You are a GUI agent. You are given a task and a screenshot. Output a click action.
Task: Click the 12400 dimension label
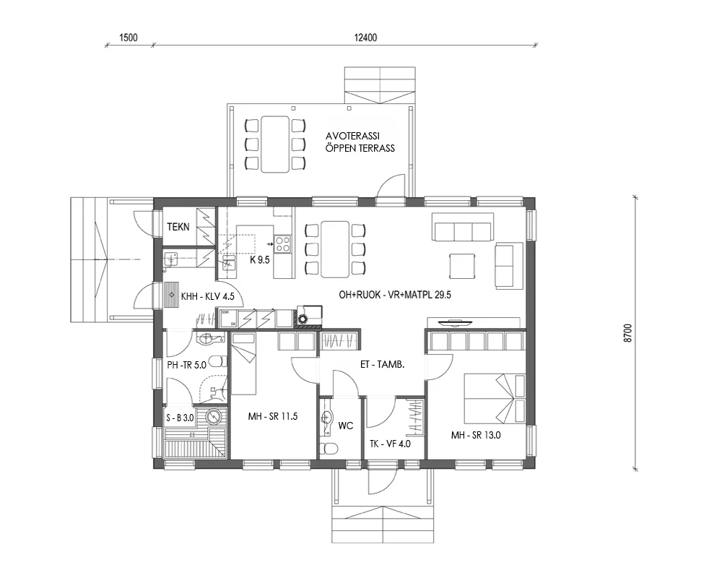[367, 38]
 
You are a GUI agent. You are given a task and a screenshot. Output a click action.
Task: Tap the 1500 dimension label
[129, 38]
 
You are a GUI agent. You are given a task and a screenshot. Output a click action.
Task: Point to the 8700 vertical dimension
[627, 333]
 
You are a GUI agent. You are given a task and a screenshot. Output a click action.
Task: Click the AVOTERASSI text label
[353, 136]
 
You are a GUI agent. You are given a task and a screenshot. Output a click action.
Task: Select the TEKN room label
[178, 227]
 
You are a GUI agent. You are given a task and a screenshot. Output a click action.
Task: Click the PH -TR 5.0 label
[187, 365]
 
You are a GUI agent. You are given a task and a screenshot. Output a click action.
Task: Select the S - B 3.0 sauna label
[179, 418]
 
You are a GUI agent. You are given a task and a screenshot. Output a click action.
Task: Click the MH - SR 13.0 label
[476, 435]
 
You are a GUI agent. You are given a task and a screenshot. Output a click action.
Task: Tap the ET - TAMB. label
[382, 365]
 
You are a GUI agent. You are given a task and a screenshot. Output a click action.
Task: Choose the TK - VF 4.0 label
[390, 444]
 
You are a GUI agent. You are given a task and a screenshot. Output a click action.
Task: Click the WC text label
[346, 426]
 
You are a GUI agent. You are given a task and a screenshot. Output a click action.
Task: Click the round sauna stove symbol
[214, 417]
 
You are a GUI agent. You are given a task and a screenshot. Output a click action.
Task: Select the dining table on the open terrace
[275, 144]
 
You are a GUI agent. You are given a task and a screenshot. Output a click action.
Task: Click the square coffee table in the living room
[463, 265]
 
